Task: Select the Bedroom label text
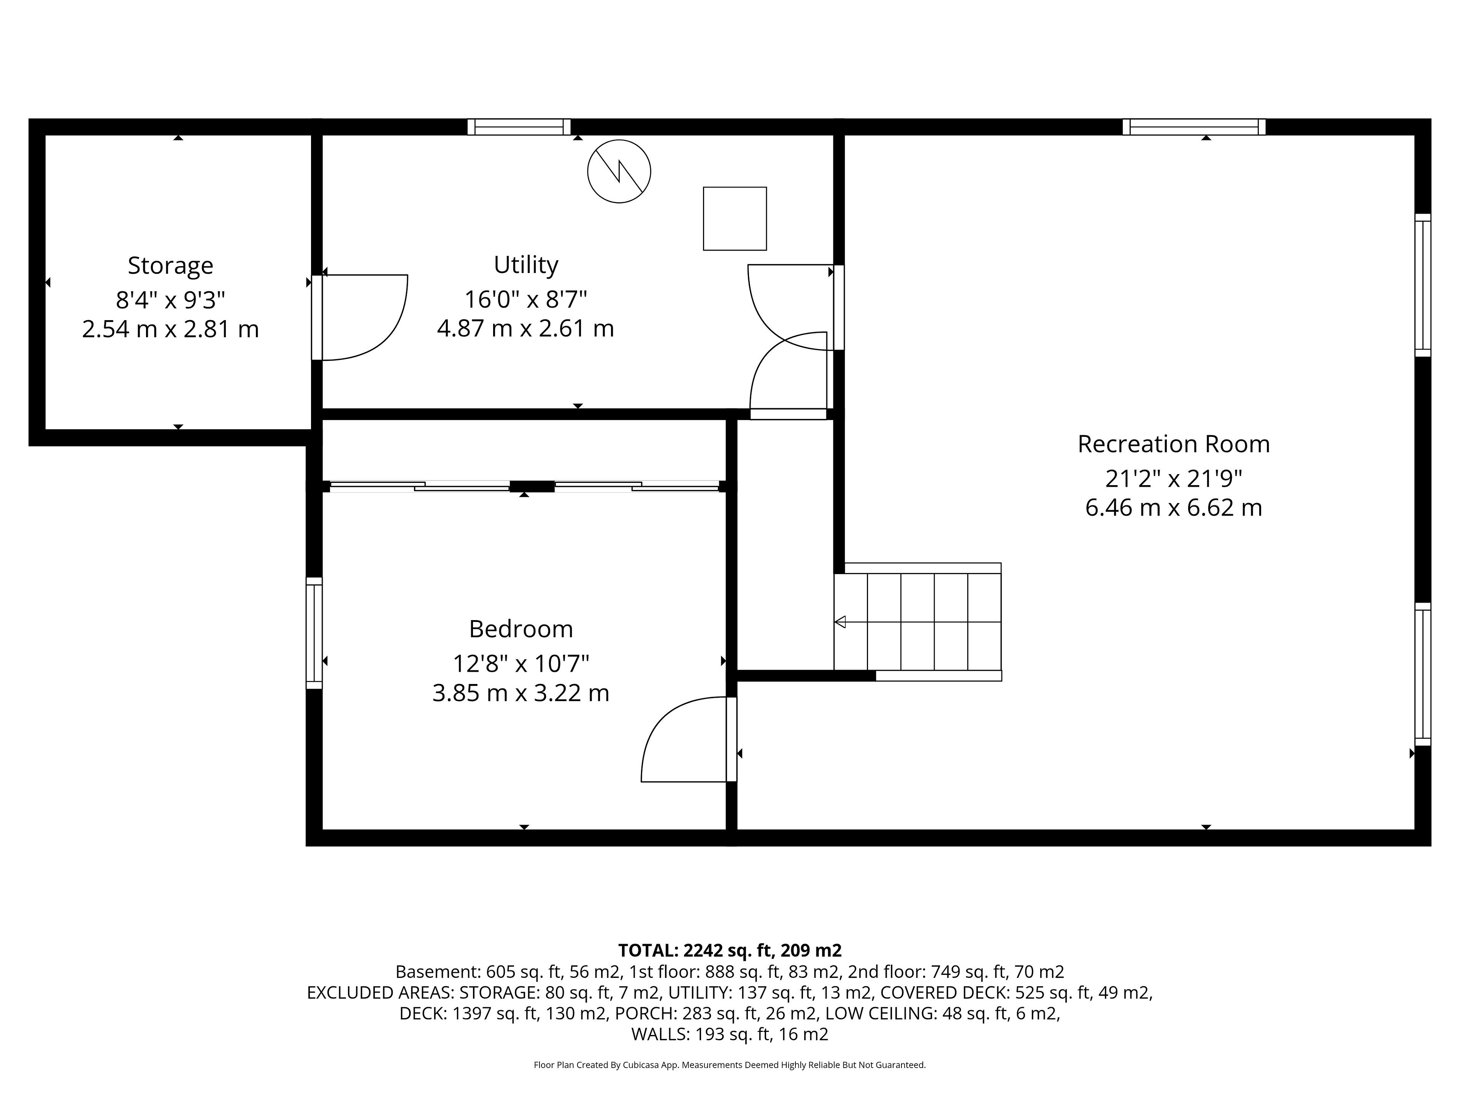tap(521, 628)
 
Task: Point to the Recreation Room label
tap(1174, 444)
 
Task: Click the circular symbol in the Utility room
tap(619, 171)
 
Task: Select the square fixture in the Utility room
tap(735, 219)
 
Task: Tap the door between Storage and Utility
tap(360, 317)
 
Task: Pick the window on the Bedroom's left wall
tap(314, 633)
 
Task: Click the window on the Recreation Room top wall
tap(1194, 127)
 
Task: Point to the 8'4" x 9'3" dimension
tap(170, 300)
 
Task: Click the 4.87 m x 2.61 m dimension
tap(525, 328)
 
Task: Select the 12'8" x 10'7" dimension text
tap(521, 663)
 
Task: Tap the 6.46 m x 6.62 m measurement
tap(1174, 508)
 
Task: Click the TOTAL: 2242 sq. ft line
tap(729, 951)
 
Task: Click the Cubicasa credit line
tap(729, 1065)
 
